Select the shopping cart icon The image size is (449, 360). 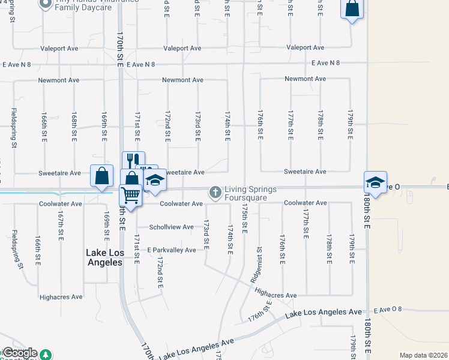[x=130, y=194]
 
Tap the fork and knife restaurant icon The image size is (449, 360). [x=133, y=160]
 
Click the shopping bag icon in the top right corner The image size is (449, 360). [x=352, y=9]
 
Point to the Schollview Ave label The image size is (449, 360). [x=172, y=227]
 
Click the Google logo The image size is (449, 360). [x=20, y=353]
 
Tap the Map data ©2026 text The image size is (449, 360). [x=423, y=355]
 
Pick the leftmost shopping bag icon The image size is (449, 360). [x=101, y=175]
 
